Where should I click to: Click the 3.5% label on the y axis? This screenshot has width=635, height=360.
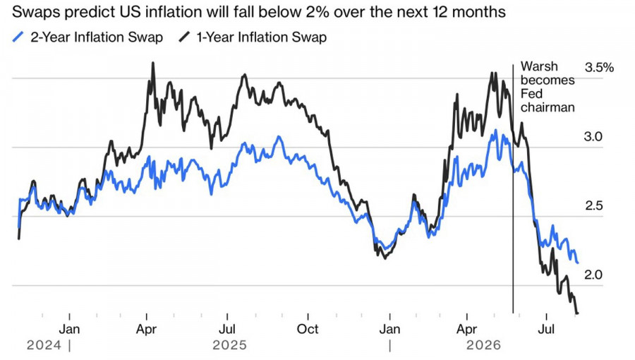(599, 68)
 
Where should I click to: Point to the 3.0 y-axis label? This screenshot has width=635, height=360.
(593, 136)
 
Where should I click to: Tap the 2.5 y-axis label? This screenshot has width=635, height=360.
(593, 205)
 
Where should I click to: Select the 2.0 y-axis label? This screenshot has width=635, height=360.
(593, 275)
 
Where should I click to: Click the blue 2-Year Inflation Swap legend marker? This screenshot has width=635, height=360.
(18, 37)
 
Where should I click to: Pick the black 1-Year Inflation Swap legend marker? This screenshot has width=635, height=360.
(184, 37)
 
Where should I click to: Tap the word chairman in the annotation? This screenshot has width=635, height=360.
(548, 107)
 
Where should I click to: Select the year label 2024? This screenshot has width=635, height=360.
(44, 345)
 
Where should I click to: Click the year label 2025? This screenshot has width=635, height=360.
(229, 345)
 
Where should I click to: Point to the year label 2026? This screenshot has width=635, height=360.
(483, 345)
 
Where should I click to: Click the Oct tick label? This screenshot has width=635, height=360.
(308, 329)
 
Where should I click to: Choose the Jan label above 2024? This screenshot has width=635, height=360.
(69, 329)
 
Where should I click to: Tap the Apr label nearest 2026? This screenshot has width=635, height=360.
(466, 329)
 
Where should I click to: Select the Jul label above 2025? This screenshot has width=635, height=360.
(227, 329)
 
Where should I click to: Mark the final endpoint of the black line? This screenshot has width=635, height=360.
(577, 313)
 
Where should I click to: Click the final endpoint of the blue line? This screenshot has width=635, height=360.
(577, 263)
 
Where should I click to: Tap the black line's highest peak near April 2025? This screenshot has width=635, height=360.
(152, 63)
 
